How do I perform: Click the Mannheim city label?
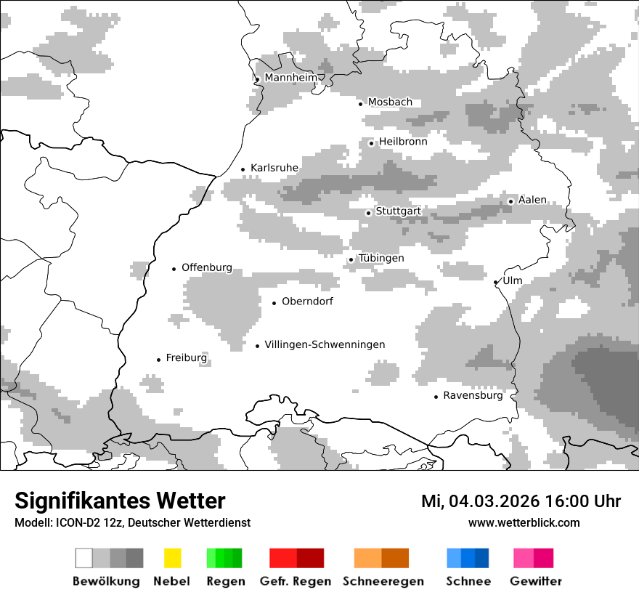290,78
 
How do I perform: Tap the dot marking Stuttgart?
368,213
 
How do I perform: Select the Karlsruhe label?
274,168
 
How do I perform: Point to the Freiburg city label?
186,358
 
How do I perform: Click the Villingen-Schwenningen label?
325,345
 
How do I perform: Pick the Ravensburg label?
473,396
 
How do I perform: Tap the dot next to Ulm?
495,283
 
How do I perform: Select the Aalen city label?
532,201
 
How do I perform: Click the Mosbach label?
390,102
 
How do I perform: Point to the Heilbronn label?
403,142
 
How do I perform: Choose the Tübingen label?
381,259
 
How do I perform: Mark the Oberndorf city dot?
274,303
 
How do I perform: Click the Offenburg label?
207,267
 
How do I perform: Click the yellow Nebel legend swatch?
172,558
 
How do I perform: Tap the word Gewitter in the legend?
536,581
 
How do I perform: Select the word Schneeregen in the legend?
383,581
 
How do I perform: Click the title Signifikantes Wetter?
120,501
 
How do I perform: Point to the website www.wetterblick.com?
524,523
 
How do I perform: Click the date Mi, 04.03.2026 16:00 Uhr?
521,502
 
